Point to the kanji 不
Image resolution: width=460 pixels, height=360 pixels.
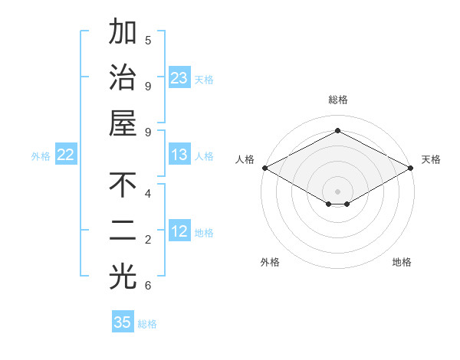123,185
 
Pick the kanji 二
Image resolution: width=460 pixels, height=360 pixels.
123,231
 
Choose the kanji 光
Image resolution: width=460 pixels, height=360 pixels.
123,277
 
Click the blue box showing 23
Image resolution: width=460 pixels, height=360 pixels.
179,78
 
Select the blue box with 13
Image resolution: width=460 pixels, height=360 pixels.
179,155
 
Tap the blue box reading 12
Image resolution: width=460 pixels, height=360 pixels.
179,231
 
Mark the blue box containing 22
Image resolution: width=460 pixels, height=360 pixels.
65,155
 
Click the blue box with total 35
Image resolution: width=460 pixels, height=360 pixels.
123,322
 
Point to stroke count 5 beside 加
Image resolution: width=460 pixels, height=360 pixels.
148,40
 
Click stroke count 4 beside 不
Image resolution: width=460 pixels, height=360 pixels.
148,193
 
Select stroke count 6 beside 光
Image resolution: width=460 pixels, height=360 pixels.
148,286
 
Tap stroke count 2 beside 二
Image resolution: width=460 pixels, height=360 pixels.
148,240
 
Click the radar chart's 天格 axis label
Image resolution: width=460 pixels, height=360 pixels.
431,159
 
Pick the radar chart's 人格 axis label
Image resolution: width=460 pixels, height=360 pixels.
245,159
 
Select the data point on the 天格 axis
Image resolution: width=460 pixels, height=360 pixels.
412,168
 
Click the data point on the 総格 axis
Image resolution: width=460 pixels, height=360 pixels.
337,131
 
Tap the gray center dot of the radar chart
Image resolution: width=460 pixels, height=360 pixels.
337,190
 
